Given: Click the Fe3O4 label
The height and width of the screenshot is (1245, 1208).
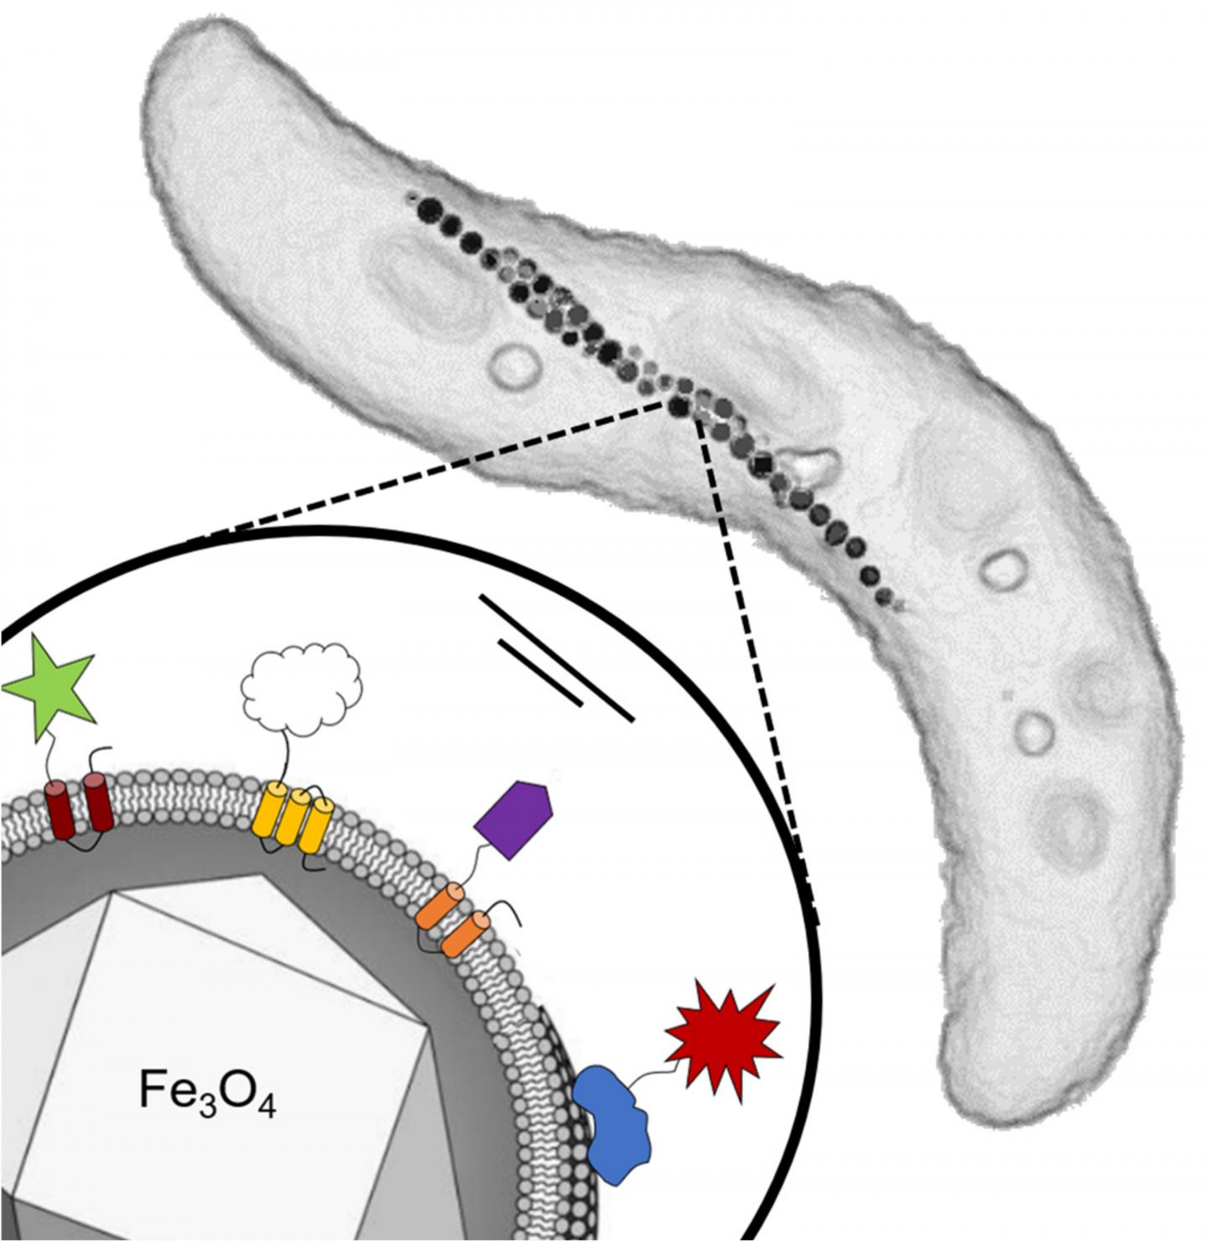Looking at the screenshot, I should [206, 1093].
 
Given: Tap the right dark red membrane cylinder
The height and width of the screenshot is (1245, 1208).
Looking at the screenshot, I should [98, 801].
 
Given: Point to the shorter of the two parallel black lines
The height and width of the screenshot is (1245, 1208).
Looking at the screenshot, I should [539, 672].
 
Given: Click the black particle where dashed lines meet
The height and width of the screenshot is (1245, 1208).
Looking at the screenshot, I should [679, 407].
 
